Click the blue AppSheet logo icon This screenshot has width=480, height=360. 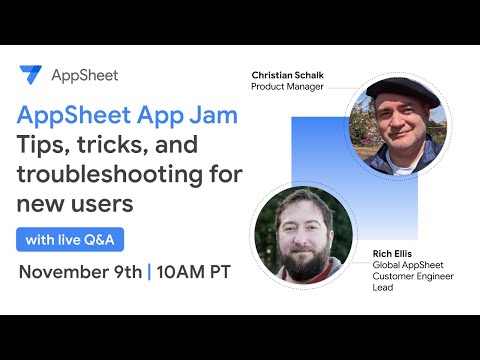(30, 75)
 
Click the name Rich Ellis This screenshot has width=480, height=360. (394, 252)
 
